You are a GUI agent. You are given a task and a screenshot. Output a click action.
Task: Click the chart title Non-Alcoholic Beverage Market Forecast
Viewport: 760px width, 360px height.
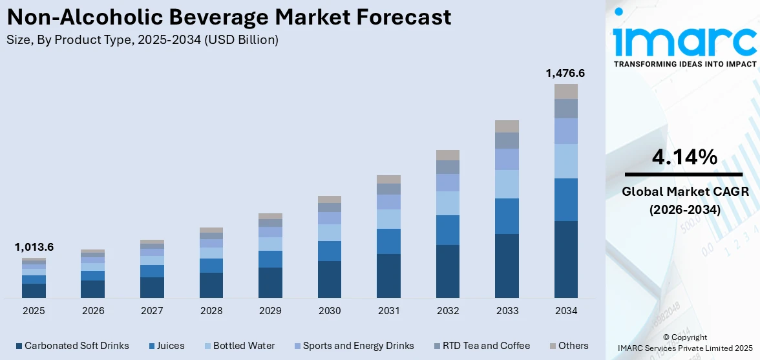coord(229,17)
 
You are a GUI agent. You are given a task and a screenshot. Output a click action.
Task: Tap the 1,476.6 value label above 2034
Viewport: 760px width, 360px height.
coord(565,74)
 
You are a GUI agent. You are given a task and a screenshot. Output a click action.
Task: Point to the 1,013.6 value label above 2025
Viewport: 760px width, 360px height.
coord(34,247)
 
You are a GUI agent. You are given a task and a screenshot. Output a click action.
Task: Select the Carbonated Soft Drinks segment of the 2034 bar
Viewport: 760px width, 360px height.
coord(565,259)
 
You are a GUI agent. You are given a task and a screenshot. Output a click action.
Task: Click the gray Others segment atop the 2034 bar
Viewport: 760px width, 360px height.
coord(565,91)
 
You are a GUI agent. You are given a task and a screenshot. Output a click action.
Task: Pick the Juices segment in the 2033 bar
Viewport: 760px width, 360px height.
coord(507,216)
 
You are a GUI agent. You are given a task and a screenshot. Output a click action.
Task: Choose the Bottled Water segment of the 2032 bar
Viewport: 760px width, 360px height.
coord(448,203)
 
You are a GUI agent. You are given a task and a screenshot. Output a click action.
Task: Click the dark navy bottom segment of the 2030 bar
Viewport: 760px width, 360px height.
coord(330,279)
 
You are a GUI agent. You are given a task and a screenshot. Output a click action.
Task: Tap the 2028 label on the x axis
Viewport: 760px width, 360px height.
coord(211,311)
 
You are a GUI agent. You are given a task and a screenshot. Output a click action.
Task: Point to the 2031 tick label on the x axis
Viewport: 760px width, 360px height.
coord(388,311)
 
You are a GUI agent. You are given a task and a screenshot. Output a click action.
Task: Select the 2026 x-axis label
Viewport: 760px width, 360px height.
coord(93,311)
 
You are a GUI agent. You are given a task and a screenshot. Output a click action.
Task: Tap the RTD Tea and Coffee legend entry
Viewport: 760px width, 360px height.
coord(481,346)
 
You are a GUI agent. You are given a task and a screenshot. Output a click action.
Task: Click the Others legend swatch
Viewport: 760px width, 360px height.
coord(553,346)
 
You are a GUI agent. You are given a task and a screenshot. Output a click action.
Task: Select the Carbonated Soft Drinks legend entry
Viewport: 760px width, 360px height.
coord(71,346)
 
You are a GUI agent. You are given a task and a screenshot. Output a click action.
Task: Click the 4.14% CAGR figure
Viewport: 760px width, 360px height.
coord(684,157)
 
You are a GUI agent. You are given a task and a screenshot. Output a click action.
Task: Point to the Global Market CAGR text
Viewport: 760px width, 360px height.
coord(684,192)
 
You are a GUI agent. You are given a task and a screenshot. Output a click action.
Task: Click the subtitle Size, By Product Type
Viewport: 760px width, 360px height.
coord(142,40)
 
